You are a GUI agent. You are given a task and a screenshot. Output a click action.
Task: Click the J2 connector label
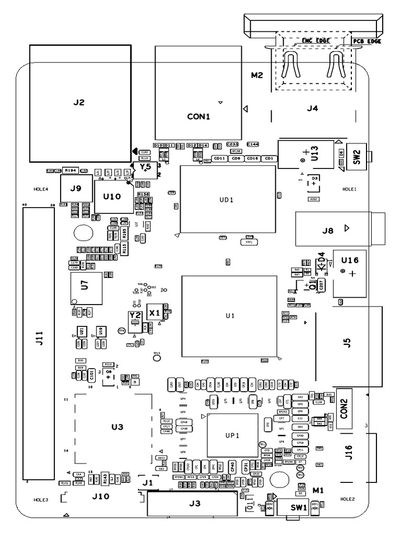[x=78, y=103]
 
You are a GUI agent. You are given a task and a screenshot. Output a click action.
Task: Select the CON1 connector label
[x=198, y=117]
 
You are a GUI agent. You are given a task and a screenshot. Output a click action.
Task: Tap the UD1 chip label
[x=227, y=200]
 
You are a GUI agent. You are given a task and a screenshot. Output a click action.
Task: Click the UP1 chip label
[x=232, y=435]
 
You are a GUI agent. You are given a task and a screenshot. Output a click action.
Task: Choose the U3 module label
[x=117, y=427]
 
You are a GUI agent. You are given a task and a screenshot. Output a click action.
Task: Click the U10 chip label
[x=112, y=197]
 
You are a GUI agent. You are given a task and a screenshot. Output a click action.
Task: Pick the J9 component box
[x=76, y=188]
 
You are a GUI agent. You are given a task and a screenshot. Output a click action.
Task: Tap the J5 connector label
[x=347, y=343]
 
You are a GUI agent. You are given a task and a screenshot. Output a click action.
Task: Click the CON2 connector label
[x=345, y=405]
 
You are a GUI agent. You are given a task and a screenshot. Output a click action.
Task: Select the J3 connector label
[x=194, y=503]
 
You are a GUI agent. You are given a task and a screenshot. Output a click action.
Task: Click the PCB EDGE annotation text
[x=367, y=41]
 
